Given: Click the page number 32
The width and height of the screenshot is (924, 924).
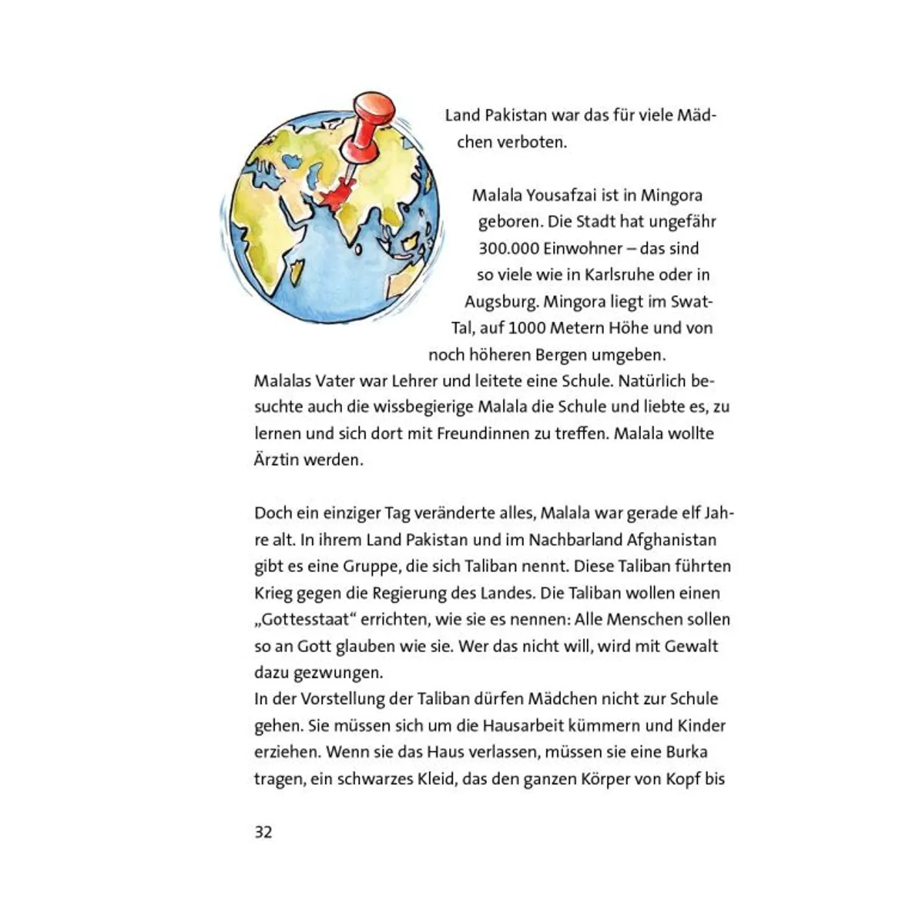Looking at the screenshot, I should [263, 832].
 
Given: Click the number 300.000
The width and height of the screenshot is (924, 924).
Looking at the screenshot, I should [509, 249].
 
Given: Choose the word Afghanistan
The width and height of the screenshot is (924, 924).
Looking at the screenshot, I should [671, 540].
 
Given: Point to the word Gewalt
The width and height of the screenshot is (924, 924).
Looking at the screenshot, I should [691, 646].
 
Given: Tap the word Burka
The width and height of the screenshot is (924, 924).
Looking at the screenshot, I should [686, 752].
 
